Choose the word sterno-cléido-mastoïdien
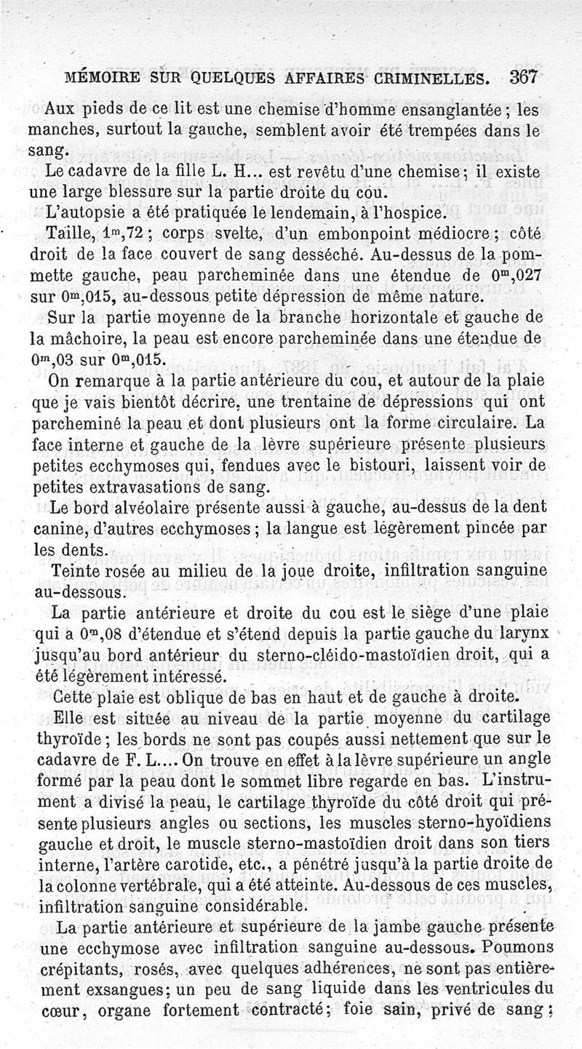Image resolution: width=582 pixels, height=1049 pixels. (298, 653)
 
